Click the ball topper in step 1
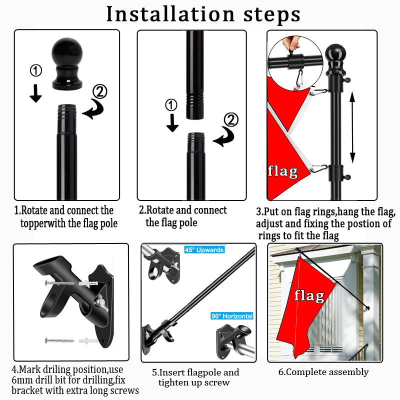[67, 64]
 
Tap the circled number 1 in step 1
[36, 70]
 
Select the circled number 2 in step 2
[231, 119]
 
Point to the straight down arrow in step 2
[172, 123]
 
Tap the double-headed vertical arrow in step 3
[352, 127]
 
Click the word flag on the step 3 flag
[282, 171]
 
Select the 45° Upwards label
[204, 249]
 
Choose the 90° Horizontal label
[232, 316]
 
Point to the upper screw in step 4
[59, 283]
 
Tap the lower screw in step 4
[59, 340]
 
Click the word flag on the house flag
[309, 296]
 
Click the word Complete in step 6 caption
[306, 372]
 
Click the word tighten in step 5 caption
[175, 383]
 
